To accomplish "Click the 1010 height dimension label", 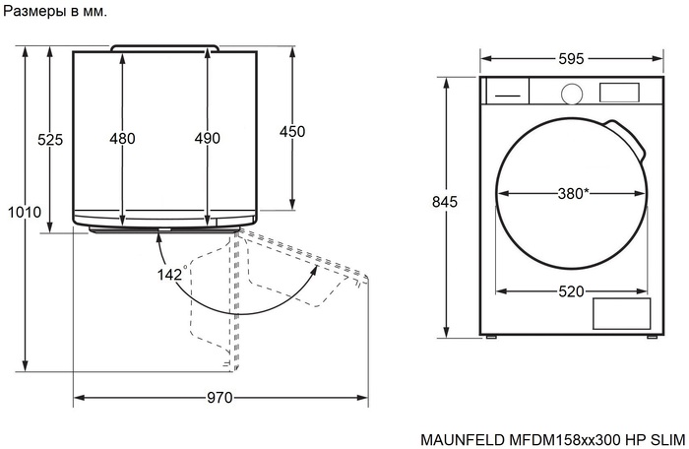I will click(x=25, y=212).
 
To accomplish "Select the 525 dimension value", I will click(x=50, y=140).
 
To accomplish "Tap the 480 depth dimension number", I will click(x=122, y=139).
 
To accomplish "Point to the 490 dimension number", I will click(x=207, y=139).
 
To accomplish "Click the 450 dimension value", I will click(x=292, y=132).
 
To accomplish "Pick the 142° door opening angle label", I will click(x=171, y=275).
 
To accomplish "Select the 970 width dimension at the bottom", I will click(x=219, y=399).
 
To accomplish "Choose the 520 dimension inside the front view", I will click(x=571, y=290).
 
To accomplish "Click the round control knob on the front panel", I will click(x=571, y=93).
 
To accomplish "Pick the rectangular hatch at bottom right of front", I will click(x=621, y=313).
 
